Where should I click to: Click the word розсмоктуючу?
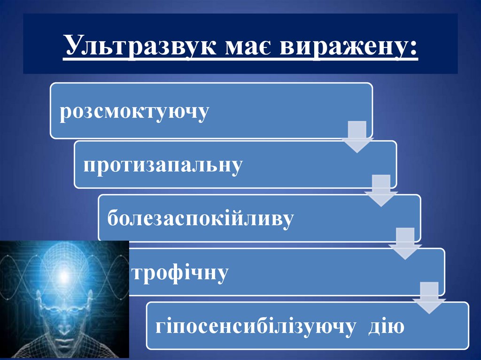134,113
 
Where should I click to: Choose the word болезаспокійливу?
201,219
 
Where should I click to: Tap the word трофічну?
180,272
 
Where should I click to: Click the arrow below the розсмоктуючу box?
358,137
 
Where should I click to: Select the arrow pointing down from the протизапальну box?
381,191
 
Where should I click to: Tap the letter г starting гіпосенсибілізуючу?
160,327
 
